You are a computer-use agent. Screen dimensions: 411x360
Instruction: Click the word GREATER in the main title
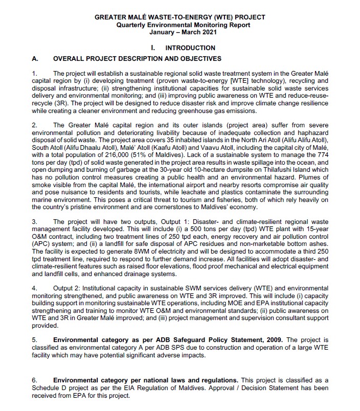[110, 17]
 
